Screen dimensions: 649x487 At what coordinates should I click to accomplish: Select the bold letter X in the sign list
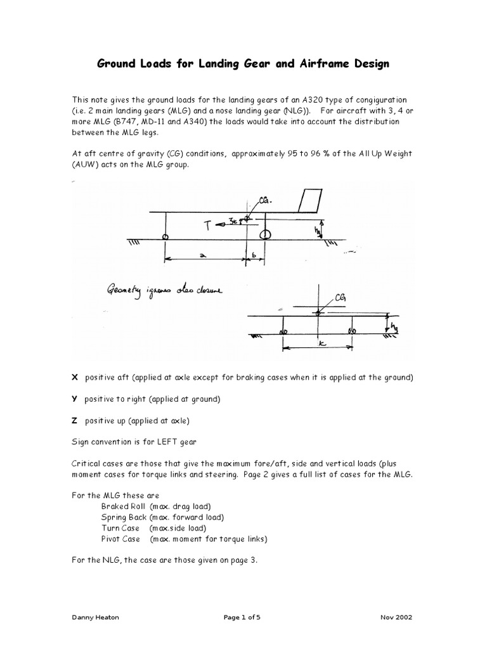click(x=74, y=377)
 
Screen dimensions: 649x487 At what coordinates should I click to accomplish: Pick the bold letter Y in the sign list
click(x=74, y=399)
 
